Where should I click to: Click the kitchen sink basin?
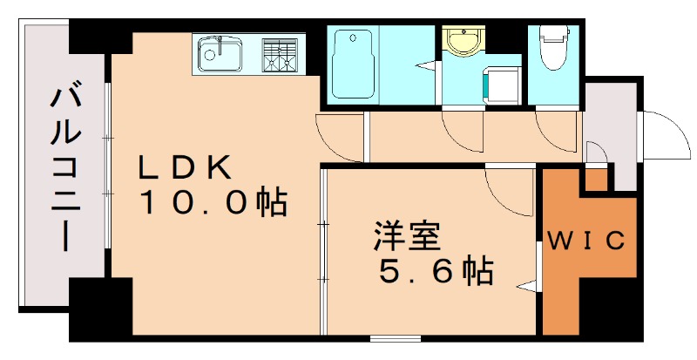click(221, 55)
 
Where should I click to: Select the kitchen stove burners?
click(281, 54)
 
